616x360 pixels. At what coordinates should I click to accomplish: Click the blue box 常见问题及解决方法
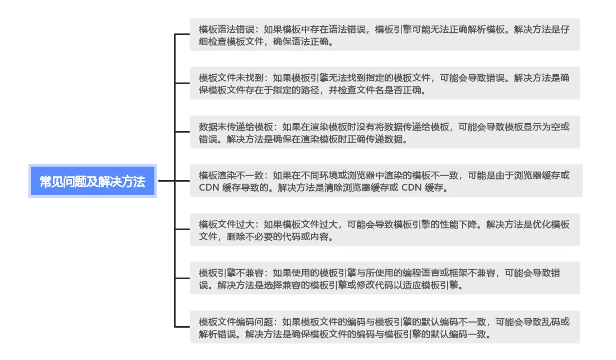[x=93, y=181]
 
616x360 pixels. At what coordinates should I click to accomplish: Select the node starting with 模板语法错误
[x=385, y=35]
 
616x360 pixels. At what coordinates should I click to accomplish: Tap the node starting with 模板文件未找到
[x=385, y=84]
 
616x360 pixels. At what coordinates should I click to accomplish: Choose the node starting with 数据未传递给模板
[x=385, y=132]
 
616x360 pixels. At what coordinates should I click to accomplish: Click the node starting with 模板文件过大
[x=385, y=230]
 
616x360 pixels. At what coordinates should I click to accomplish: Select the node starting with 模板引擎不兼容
[x=385, y=279]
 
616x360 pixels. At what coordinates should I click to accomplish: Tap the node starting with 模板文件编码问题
[x=385, y=327]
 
